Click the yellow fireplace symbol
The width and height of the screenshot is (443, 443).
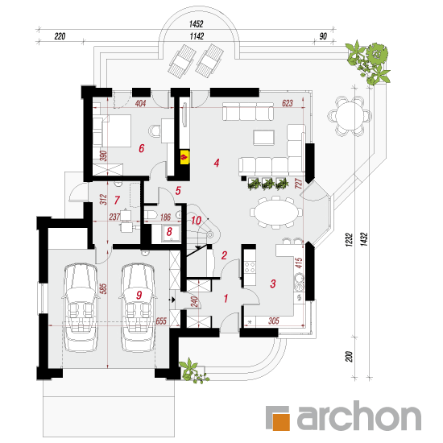(x=184, y=157)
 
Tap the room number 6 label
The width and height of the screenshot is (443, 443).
(x=141, y=148)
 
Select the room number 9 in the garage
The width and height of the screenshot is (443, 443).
(x=139, y=296)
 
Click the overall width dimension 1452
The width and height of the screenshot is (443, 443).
(x=196, y=24)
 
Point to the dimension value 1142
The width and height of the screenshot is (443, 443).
(x=197, y=36)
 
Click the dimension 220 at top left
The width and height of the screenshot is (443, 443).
(x=60, y=36)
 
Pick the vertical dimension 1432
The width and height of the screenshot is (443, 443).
(x=364, y=239)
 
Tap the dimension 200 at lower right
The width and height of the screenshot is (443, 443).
(x=350, y=357)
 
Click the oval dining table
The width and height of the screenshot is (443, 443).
(x=276, y=212)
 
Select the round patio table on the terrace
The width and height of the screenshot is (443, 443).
(x=350, y=116)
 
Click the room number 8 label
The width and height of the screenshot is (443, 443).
(x=169, y=232)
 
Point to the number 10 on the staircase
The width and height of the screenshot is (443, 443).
(x=196, y=221)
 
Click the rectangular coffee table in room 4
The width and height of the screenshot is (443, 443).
(x=263, y=138)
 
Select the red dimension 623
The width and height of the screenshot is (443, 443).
(x=288, y=103)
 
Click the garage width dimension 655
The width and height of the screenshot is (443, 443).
(x=161, y=321)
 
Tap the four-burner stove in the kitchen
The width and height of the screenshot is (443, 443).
(x=250, y=267)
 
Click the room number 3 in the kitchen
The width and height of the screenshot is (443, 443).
(x=272, y=284)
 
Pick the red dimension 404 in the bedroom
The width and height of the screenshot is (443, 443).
(x=140, y=103)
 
